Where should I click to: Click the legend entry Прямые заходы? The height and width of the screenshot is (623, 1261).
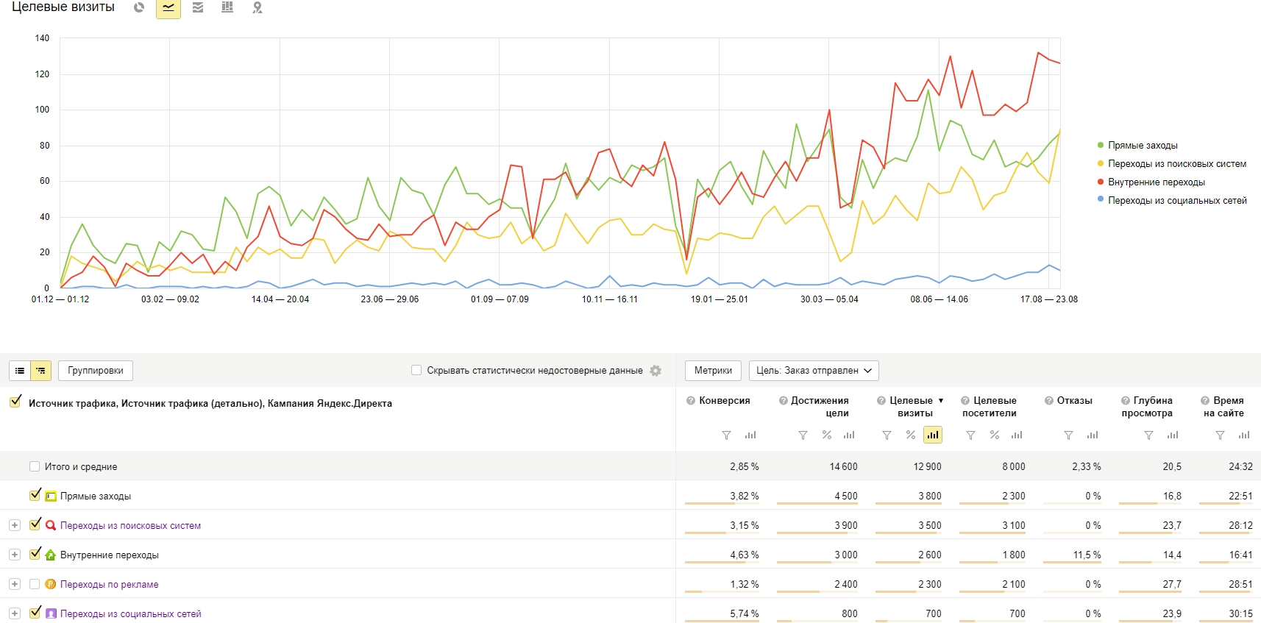pos(1143,145)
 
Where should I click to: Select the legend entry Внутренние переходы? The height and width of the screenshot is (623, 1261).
pos(1157,182)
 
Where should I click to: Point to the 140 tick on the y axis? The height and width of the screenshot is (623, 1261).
pos(42,38)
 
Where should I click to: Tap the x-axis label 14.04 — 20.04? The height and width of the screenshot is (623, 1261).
pos(280,299)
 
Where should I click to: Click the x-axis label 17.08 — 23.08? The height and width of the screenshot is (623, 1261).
pos(1049,299)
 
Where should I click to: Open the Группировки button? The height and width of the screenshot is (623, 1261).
pos(95,370)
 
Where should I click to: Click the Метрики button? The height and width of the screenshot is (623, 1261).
pos(713,370)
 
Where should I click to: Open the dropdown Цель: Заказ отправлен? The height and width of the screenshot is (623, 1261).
pos(814,370)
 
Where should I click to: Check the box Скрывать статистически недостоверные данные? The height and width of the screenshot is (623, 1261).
pos(416,370)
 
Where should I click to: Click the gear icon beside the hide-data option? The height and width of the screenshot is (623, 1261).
pos(656,370)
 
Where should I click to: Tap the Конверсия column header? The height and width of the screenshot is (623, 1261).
pos(725,401)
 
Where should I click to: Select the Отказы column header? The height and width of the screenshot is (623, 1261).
pos(1074,401)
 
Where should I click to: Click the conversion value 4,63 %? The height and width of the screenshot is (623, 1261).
pos(745,555)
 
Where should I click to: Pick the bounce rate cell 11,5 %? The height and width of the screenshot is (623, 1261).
pos(1087,555)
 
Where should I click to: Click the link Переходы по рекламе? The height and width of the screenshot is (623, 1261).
pos(109,584)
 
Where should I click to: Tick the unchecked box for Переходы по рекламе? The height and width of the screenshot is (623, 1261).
pos(35,584)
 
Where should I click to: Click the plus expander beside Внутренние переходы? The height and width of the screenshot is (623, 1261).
pos(15,555)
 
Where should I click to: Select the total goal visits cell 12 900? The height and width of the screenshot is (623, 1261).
pos(926,466)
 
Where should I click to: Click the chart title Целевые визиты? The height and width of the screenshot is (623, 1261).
pos(63,7)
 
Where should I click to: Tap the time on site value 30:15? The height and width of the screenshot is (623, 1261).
pos(1240,613)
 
